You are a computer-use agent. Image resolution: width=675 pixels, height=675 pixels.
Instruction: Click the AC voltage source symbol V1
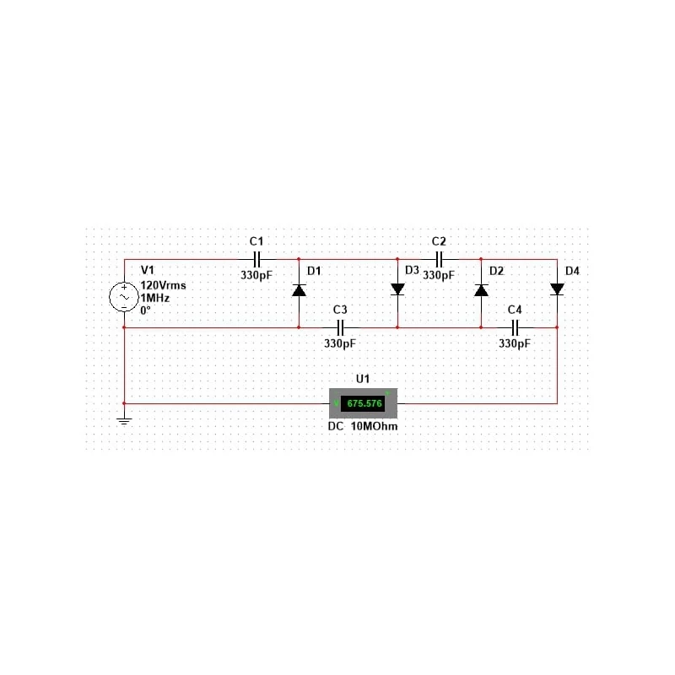coord(124,297)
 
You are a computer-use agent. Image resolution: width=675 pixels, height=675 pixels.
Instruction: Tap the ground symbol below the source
coord(124,421)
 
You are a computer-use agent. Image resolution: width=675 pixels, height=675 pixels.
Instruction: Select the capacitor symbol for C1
coord(256,260)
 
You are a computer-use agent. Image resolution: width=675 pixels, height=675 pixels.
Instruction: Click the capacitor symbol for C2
coord(439,260)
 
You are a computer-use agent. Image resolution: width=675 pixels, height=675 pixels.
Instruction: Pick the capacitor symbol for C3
coord(340,327)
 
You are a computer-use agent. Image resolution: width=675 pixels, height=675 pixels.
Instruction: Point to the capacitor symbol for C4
coord(515,327)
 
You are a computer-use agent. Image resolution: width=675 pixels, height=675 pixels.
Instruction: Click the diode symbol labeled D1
coord(299,290)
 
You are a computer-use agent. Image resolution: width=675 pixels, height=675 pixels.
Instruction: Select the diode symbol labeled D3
coord(397,289)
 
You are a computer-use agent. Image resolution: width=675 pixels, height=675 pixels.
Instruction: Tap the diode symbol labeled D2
coord(481,290)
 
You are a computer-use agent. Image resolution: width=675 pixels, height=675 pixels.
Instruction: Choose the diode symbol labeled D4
coord(557,289)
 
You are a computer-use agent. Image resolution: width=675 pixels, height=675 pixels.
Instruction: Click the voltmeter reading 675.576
coord(364,403)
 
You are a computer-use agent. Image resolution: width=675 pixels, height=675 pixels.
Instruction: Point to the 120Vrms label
coord(163,285)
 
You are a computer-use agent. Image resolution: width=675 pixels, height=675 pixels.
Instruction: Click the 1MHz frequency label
coord(155,298)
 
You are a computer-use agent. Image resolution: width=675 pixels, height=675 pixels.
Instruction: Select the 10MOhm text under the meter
coord(374,427)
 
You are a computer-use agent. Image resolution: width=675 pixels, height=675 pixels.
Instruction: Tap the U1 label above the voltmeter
coord(363,379)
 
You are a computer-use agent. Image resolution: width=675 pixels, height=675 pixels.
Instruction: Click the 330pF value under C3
coord(340,343)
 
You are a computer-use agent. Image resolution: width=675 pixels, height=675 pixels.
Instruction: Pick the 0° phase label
coord(145,310)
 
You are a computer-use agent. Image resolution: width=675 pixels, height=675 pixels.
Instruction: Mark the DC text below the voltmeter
coord(336,427)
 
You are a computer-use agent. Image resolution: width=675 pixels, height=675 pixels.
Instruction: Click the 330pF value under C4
coord(515,343)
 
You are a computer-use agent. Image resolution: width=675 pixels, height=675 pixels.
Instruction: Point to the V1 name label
coord(148,270)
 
